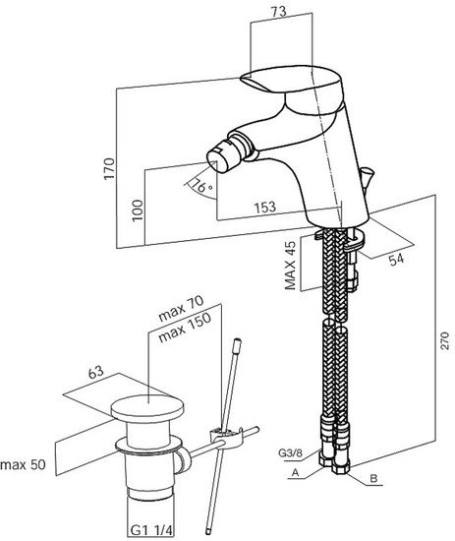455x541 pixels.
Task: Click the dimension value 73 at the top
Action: pos(278,12)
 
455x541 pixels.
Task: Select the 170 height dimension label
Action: pos(109,168)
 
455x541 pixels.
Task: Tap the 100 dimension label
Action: pos(138,210)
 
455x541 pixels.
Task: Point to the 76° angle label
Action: pos(200,186)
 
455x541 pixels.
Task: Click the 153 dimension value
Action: pos(265,207)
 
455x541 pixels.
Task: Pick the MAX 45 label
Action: pos(290,266)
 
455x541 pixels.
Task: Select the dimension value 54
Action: pos(396,259)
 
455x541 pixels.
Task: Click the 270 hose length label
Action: pos(445,341)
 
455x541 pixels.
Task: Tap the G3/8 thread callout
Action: pos(290,452)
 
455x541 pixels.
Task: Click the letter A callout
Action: pos(295,473)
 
